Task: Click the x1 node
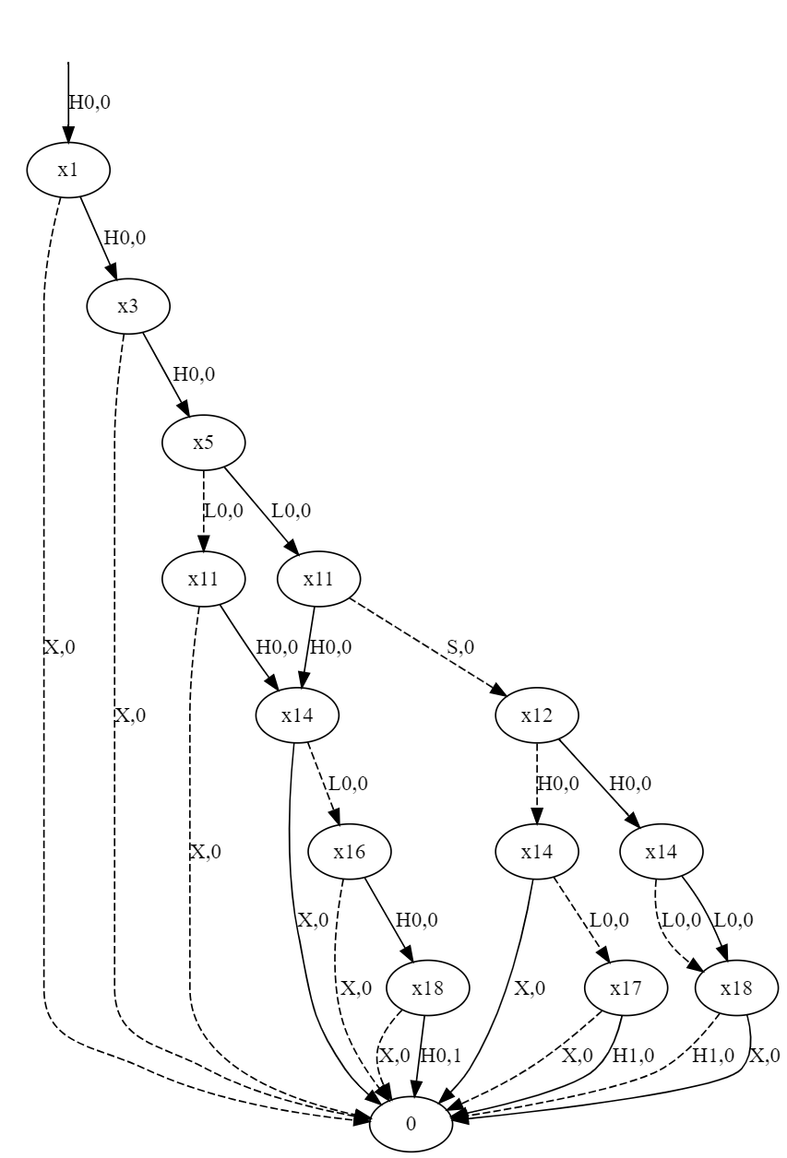tap(68, 170)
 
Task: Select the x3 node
tap(128, 306)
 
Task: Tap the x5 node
tap(203, 443)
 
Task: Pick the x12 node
tap(537, 715)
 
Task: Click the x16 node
tap(350, 852)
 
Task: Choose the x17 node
tap(626, 988)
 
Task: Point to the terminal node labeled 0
tap(411, 1125)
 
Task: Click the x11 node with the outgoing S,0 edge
tap(318, 579)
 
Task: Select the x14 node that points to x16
tap(297, 715)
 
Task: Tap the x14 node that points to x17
tap(537, 852)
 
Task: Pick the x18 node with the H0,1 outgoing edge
tap(427, 988)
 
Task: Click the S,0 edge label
tap(460, 646)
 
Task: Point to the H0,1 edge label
tap(440, 1056)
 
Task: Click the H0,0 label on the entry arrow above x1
tap(89, 102)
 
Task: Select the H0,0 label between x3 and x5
tap(194, 373)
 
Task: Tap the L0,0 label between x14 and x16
tap(348, 783)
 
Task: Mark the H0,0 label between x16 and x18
tap(416, 920)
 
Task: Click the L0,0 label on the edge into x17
tap(609, 920)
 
